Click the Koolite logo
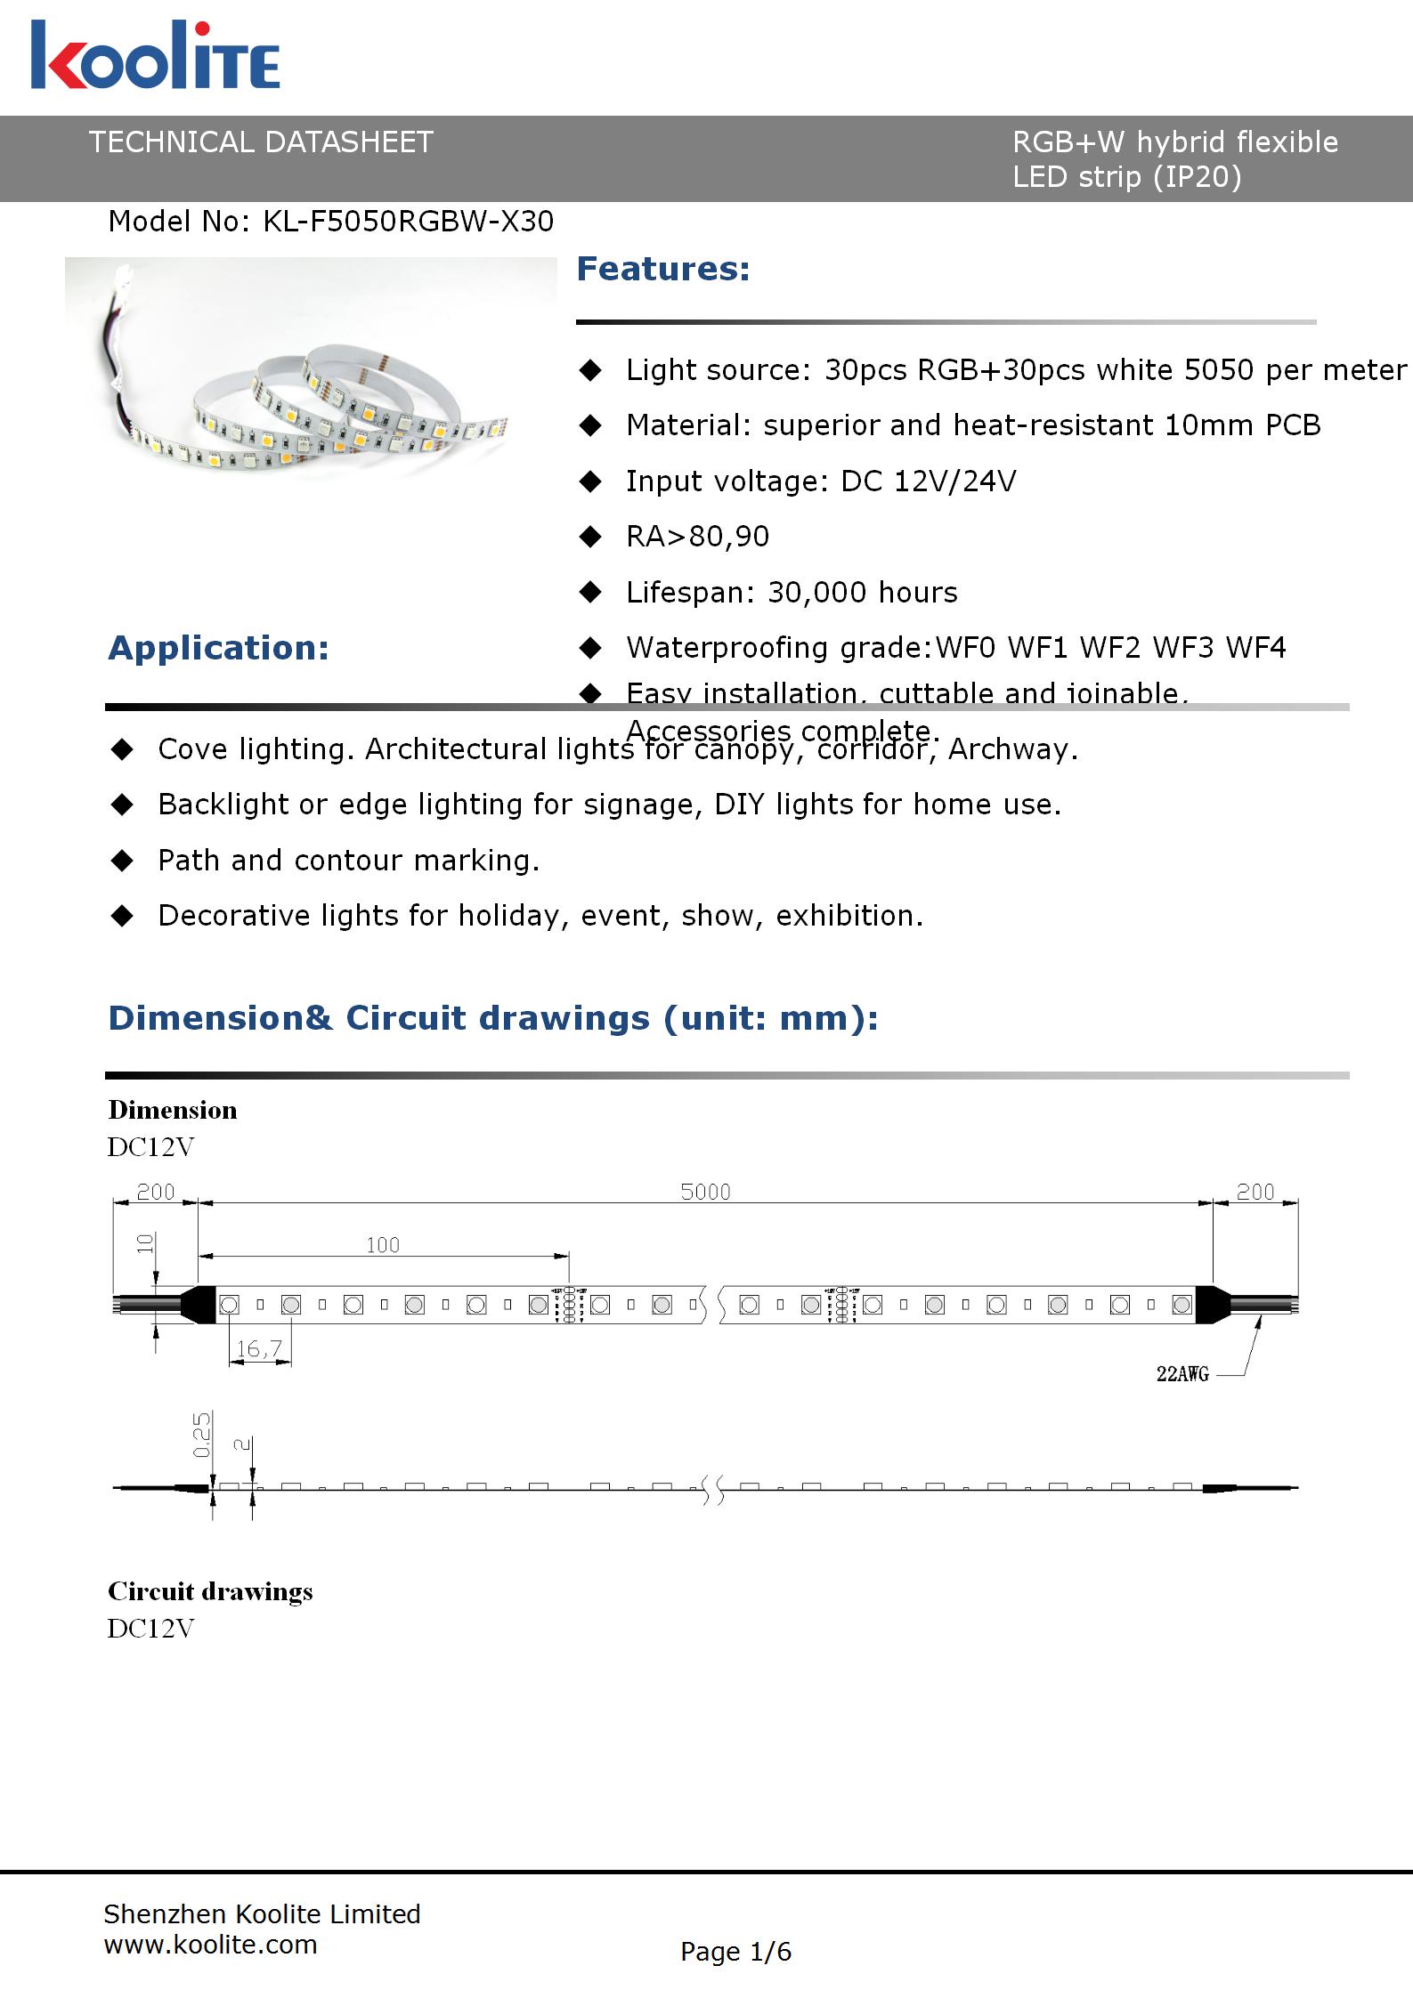(156, 55)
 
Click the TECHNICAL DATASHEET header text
(261, 142)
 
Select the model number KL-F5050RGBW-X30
(408, 222)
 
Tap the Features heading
(663, 269)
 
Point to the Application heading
(218, 648)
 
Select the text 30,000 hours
(862, 593)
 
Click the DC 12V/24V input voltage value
(929, 481)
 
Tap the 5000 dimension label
(705, 1192)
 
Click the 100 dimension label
(383, 1245)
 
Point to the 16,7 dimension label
(259, 1349)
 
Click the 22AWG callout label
(1182, 1374)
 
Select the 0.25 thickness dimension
(203, 1435)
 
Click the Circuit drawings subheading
(210, 1591)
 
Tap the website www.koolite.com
(210, 1945)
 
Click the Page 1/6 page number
(735, 1952)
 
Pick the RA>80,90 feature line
(697, 537)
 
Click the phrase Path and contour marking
(348, 861)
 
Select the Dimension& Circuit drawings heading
(492, 1018)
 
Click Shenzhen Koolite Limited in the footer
(262, 1913)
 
